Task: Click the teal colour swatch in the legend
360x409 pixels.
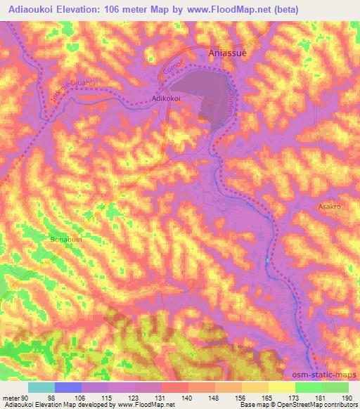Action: coord(41,387)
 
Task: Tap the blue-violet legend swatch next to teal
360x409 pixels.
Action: coord(68,387)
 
